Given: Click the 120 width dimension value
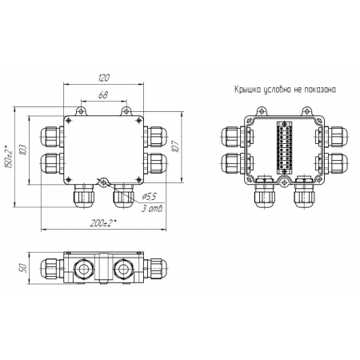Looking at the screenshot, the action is [103, 78].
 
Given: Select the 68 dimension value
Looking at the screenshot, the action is [103, 95].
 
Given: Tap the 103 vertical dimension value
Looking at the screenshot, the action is [23, 150].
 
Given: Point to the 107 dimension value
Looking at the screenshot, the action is [175, 146].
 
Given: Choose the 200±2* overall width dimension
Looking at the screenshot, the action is [103, 222].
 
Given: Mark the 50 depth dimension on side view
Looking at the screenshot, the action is [23, 268].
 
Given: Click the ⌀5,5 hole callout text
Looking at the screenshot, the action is [149, 197].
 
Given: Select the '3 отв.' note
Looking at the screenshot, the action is [152, 209].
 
